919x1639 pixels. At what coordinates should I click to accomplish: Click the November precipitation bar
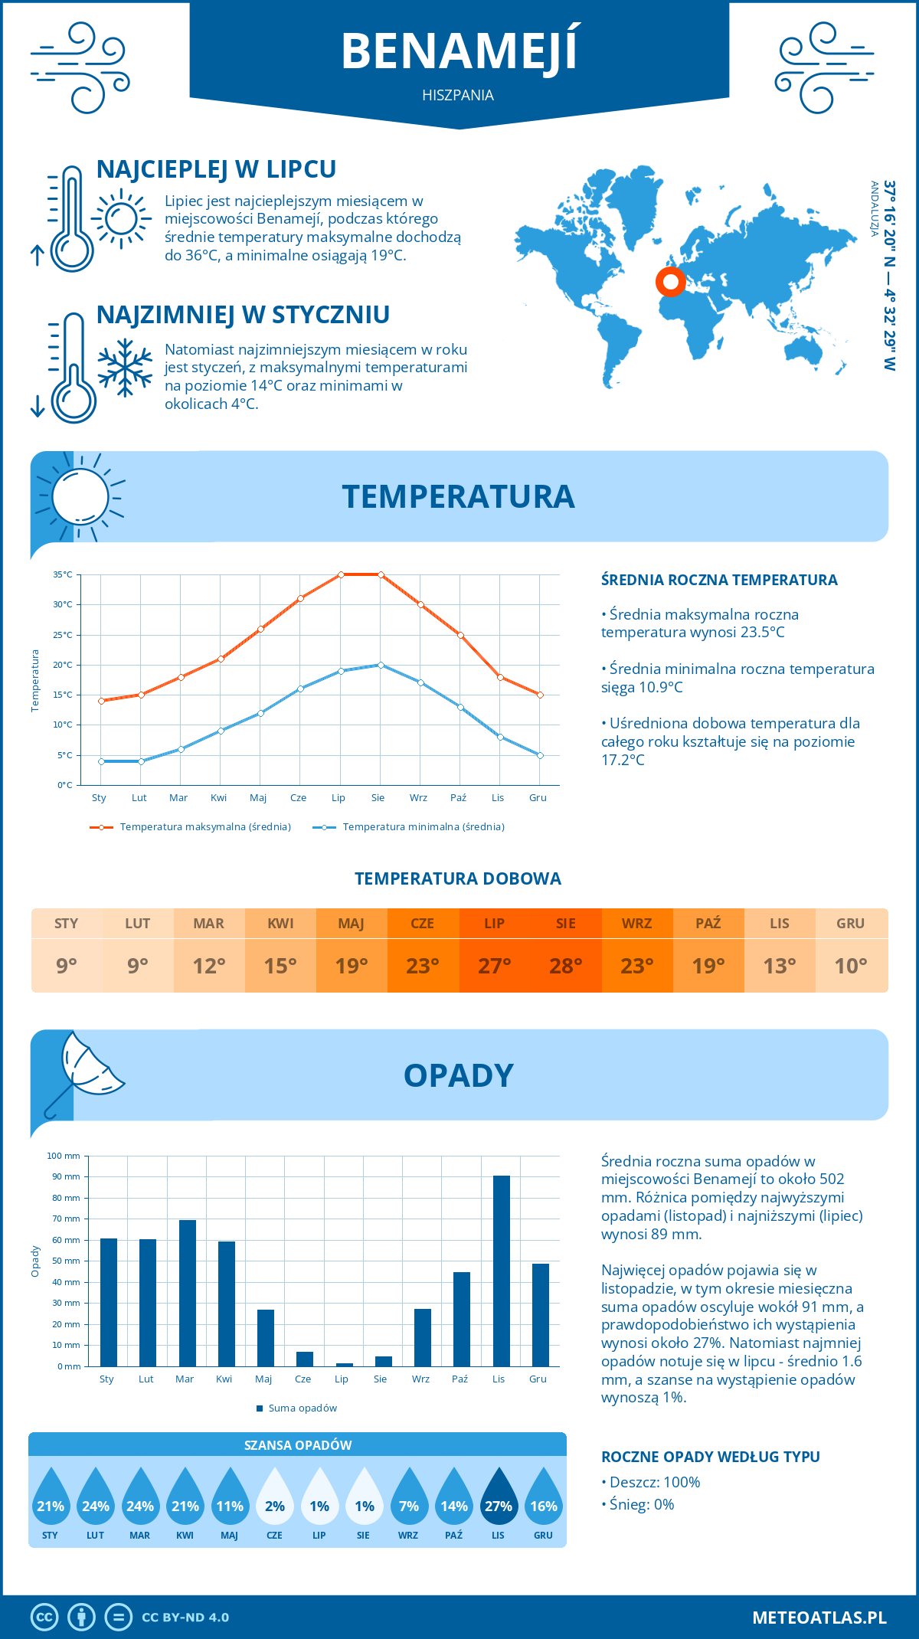pyautogui.click(x=502, y=1271)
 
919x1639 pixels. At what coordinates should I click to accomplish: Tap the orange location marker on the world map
pyautogui.click(x=671, y=282)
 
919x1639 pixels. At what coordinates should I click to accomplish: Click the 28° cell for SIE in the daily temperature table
pyautogui.click(x=566, y=966)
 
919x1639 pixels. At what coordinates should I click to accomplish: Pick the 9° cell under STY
pyautogui.click(x=67, y=966)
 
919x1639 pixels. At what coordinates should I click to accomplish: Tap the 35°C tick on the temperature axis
pyautogui.click(x=63, y=574)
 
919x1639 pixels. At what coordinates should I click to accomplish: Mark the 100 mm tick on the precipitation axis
pyautogui.click(x=64, y=1156)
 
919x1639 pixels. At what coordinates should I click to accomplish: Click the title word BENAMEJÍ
pyautogui.click(x=459, y=51)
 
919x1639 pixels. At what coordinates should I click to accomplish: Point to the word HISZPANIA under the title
pyautogui.click(x=458, y=95)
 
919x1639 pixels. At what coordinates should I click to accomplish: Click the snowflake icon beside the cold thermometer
pyautogui.click(x=125, y=368)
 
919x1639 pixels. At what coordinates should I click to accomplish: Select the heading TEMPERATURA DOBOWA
pyautogui.click(x=458, y=878)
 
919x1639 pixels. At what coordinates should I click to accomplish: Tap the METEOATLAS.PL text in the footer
pyautogui.click(x=819, y=1618)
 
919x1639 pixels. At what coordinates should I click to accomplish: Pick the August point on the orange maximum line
pyautogui.click(x=381, y=574)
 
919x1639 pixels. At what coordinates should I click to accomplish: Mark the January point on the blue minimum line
pyautogui.click(x=101, y=761)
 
